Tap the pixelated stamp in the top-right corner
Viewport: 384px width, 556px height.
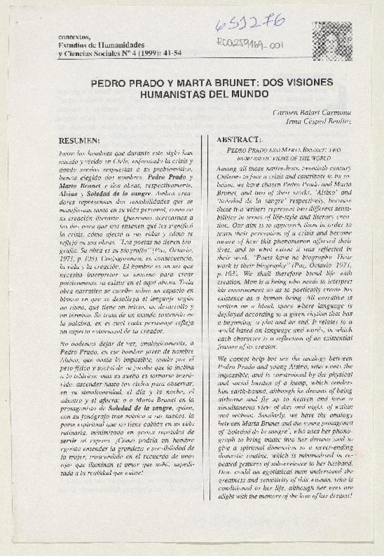[325, 35]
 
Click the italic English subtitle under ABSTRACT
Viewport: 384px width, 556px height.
[284, 153]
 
